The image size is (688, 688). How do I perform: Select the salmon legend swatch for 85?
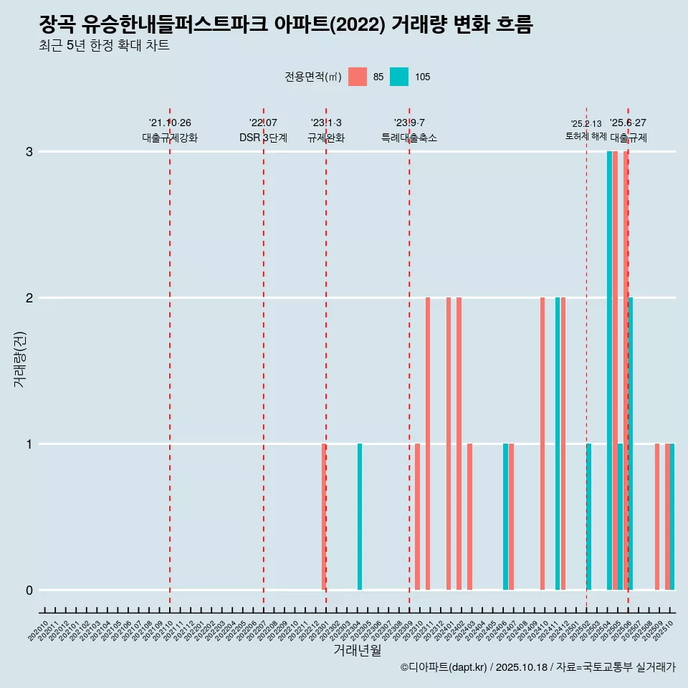(357, 77)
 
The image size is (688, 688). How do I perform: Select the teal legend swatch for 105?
(399, 77)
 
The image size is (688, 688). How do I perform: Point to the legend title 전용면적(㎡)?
(312, 77)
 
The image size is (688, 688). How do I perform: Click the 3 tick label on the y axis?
(29, 152)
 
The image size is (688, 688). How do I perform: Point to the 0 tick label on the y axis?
(29, 590)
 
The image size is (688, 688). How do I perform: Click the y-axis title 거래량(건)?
(19, 359)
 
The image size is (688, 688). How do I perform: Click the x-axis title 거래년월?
(357, 650)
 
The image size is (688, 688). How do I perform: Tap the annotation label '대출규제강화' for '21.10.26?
(170, 138)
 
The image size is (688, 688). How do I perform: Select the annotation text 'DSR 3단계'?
(263, 138)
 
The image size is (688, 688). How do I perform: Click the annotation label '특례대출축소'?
(408, 138)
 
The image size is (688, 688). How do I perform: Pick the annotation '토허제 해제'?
(586, 136)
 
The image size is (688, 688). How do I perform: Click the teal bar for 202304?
(360, 517)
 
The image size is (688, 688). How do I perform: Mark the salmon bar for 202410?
(543, 444)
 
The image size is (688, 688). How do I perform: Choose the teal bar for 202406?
(505, 517)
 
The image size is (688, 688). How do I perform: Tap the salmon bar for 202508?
(657, 517)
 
